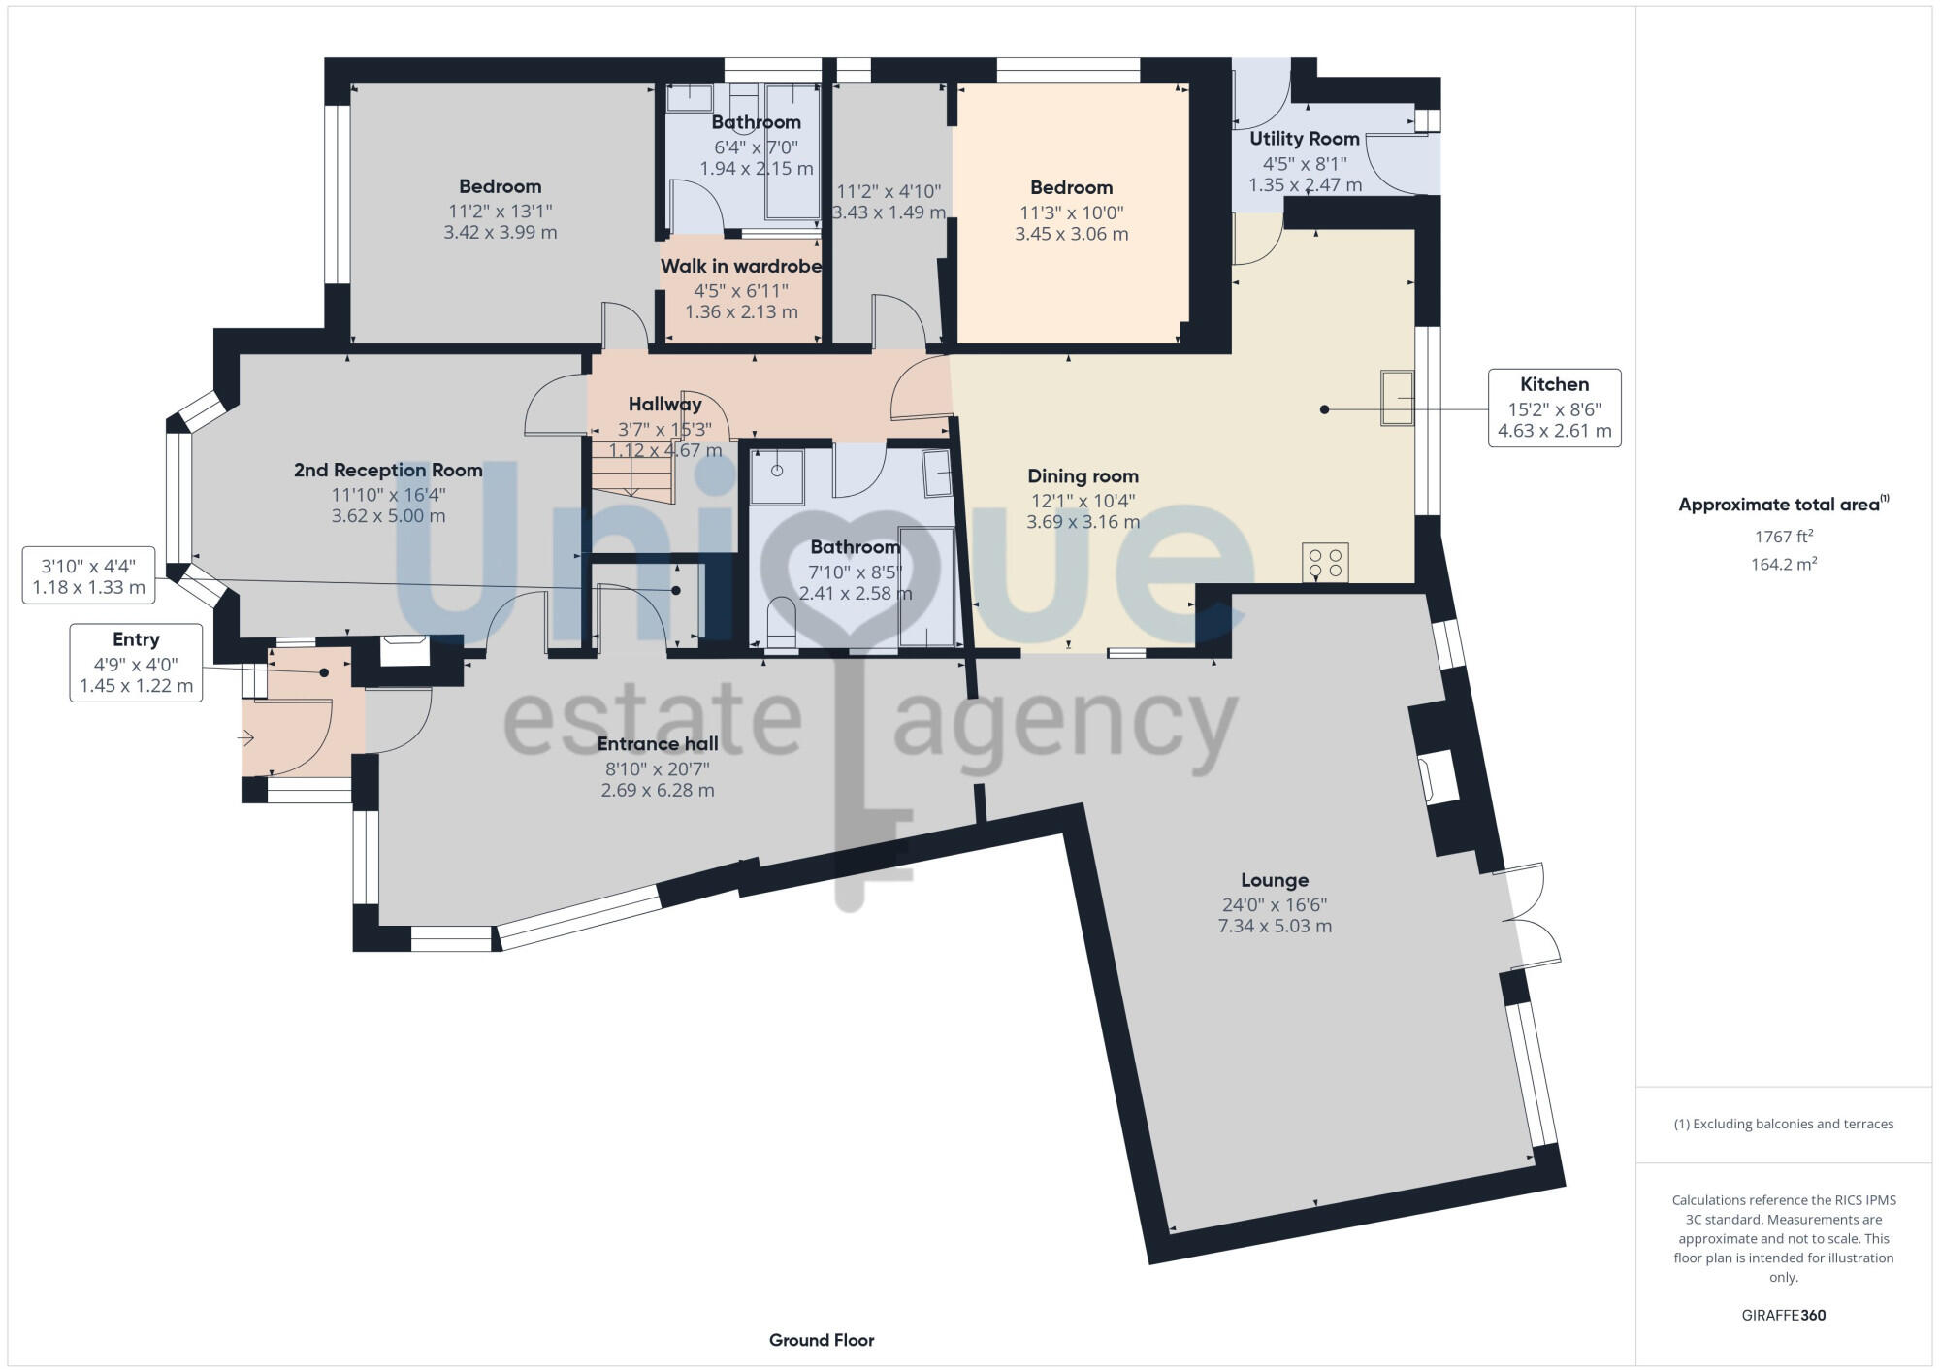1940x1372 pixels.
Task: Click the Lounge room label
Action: pyautogui.click(x=1275, y=880)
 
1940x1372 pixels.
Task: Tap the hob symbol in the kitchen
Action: pyautogui.click(x=1325, y=563)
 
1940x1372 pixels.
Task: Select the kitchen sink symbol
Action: pyautogui.click(x=1398, y=398)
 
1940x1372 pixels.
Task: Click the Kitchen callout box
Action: pyautogui.click(x=1554, y=408)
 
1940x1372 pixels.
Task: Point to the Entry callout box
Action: pyautogui.click(x=136, y=663)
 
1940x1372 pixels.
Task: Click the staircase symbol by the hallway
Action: pyautogui.click(x=633, y=471)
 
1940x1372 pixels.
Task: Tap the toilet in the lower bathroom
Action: pyautogui.click(x=781, y=623)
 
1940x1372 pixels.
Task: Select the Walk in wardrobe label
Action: pyautogui.click(x=741, y=266)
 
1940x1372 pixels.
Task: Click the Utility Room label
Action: pyautogui.click(x=1304, y=139)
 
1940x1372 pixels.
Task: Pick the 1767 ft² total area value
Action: pyautogui.click(x=1783, y=537)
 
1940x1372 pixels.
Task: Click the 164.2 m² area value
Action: pyautogui.click(x=1783, y=564)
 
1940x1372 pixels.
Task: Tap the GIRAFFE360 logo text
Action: pyautogui.click(x=1783, y=1316)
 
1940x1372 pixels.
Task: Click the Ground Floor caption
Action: pyautogui.click(x=822, y=1340)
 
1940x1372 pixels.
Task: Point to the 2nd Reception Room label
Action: pyautogui.click(x=388, y=471)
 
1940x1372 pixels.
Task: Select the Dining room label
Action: pyautogui.click(x=1083, y=476)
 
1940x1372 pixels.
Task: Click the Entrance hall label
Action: pyautogui.click(x=658, y=744)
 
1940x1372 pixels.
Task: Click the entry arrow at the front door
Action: pyautogui.click(x=246, y=739)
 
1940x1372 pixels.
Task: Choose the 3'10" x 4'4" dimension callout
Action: pyautogui.click(x=88, y=576)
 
